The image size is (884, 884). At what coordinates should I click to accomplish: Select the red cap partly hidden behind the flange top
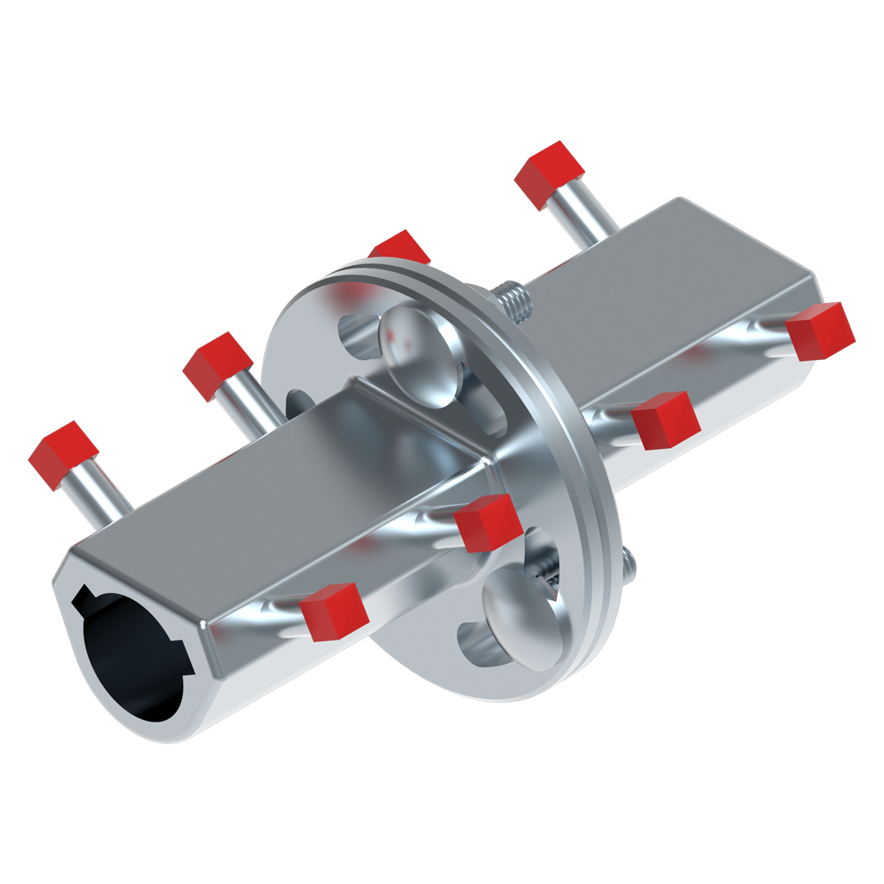click(x=399, y=248)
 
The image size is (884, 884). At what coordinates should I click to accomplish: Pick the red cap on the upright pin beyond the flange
click(x=549, y=174)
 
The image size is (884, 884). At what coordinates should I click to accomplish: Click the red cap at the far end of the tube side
click(x=819, y=331)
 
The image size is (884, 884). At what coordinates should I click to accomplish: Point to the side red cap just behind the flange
click(x=664, y=420)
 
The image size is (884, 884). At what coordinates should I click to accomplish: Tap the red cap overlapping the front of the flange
click(x=487, y=523)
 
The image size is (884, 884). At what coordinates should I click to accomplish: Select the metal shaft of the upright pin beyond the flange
click(x=584, y=216)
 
